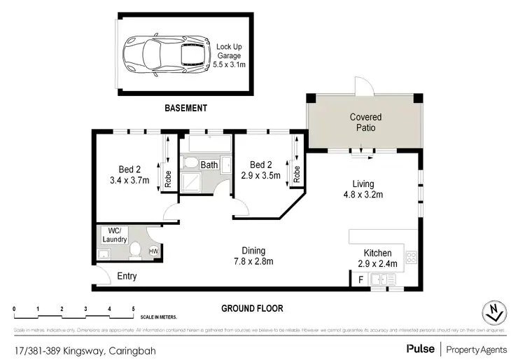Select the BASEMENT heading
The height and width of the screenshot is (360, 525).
coord(185,108)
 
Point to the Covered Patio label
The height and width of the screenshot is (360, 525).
coord(367,123)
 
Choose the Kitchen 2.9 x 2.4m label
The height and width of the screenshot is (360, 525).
coord(377,258)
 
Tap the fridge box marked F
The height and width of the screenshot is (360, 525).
coord(360,279)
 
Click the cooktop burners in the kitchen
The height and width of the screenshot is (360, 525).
coord(412,258)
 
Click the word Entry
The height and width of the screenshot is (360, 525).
coord(127,277)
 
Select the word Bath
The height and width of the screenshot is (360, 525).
coord(209,165)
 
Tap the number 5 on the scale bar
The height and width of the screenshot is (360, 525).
coord(133,308)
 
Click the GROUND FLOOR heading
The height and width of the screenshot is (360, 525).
coord(252,308)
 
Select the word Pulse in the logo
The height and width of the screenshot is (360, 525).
coord(419,348)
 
